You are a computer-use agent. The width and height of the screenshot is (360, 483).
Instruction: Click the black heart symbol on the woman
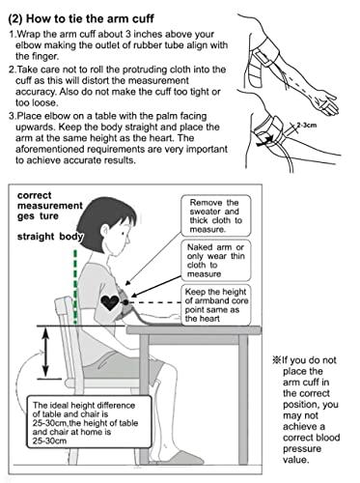pyautogui.click(x=110, y=302)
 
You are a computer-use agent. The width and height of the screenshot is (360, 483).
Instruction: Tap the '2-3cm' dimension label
pyautogui.click(x=306, y=125)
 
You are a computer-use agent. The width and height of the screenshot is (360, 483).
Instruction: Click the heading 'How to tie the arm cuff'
pyautogui.click(x=90, y=18)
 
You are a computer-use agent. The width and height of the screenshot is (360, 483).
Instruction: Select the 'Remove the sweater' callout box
pyautogui.click(x=215, y=215)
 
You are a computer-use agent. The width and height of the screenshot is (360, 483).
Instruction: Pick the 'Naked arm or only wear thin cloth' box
pyautogui.click(x=215, y=260)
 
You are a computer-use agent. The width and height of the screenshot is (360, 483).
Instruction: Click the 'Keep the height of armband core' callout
pyautogui.click(x=215, y=304)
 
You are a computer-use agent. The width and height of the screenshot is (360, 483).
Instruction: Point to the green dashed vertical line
pyautogui.click(x=75, y=287)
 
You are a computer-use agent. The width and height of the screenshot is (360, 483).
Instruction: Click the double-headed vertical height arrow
pyautogui.click(x=45, y=352)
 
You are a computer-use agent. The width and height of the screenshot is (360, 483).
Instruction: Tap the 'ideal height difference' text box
pyautogui.click(x=89, y=422)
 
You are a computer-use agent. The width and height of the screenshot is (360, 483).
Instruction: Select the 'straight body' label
pyautogui.click(x=50, y=237)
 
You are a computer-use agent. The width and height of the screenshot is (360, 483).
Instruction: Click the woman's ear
pyautogui.click(x=105, y=231)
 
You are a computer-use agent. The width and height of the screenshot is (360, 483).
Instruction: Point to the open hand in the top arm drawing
pyautogui.click(x=325, y=103)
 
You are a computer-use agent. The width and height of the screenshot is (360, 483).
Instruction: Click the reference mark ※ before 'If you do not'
pyautogui.click(x=276, y=359)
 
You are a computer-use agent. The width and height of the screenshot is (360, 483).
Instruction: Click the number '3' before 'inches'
pyautogui.click(x=127, y=34)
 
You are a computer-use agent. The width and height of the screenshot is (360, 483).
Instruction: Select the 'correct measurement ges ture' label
pyautogui.click(x=50, y=206)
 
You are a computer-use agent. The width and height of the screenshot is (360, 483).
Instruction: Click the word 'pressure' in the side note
pyautogui.click(x=302, y=449)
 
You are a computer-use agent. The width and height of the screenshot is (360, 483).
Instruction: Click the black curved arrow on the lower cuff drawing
pyautogui.click(x=265, y=140)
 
